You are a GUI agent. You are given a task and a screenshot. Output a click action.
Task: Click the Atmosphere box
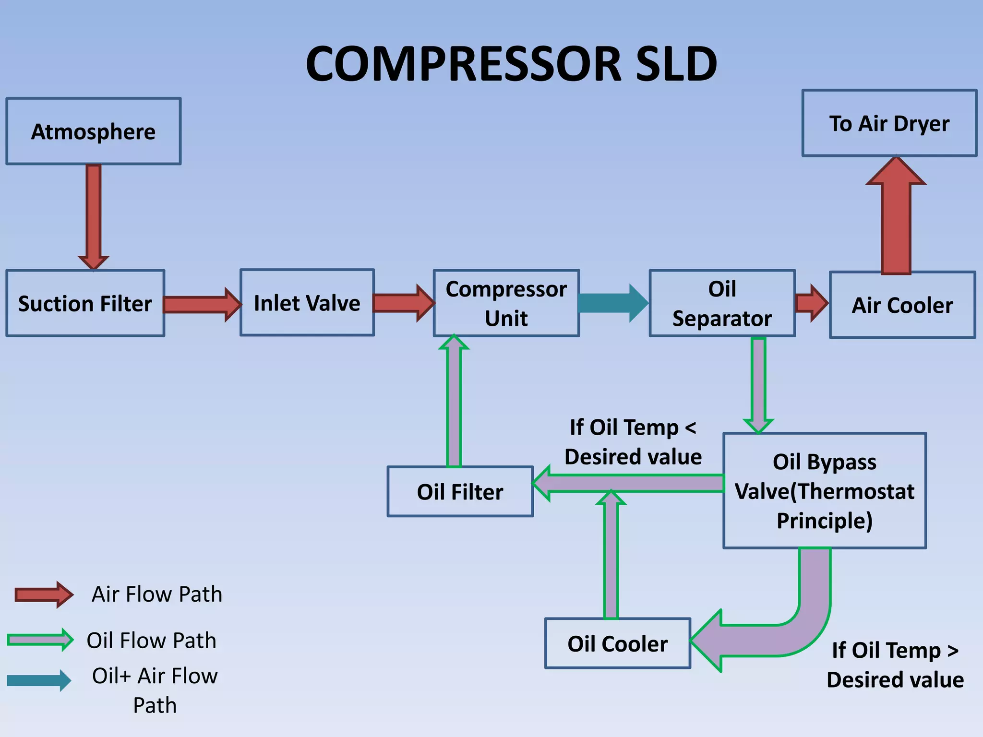coord(94,131)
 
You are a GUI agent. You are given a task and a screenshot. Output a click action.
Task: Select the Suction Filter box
coord(85,303)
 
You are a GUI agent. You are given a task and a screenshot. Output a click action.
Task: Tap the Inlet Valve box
coord(307,303)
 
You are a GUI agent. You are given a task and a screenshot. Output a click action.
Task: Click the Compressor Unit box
coord(506,303)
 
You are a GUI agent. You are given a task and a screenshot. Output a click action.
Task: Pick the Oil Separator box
coord(722,303)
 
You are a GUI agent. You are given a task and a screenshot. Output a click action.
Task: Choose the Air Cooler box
coord(902,305)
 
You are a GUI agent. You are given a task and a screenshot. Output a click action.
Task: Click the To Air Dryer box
coord(889,123)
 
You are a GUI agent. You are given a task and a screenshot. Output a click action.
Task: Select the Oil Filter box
coord(460,492)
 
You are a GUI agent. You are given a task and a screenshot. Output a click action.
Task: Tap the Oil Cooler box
coord(618,643)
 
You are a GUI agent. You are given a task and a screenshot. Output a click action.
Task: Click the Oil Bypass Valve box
coord(825,491)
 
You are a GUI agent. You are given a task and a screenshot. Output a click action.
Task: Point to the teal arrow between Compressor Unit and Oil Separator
coord(613,303)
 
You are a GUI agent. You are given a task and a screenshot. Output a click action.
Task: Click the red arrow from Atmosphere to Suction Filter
coord(94,216)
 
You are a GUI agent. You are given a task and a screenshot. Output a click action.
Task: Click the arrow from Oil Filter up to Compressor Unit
coord(454,403)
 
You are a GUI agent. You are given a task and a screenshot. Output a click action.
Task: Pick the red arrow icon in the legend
coord(43,595)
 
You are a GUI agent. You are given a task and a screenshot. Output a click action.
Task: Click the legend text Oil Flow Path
coord(151,641)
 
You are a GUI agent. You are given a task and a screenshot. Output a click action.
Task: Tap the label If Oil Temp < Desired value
coord(633,442)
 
